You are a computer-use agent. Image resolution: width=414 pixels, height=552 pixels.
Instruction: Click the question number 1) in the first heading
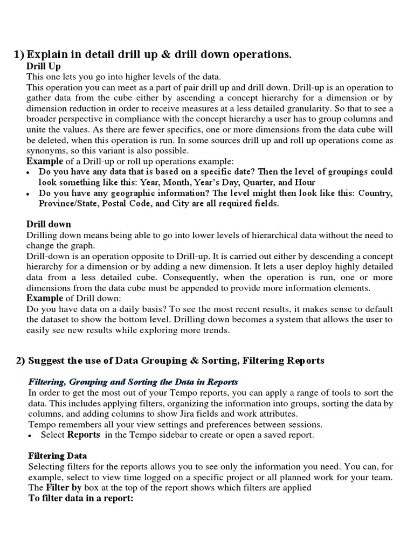click(x=19, y=54)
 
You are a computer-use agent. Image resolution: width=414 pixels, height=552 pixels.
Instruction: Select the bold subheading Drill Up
click(x=44, y=66)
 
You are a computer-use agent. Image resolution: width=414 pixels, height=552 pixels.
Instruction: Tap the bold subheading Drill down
click(x=49, y=224)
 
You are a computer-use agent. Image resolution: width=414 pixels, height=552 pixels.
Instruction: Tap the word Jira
click(x=195, y=413)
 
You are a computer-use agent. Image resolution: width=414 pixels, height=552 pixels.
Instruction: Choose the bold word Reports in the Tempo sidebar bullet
click(x=84, y=434)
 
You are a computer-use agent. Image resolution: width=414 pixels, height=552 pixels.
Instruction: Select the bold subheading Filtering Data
click(x=57, y=456)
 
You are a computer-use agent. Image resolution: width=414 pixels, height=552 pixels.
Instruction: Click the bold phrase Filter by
click(x=64, y=487)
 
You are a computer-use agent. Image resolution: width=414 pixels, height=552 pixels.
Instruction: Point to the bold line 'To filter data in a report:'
click(x=80, y=498)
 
